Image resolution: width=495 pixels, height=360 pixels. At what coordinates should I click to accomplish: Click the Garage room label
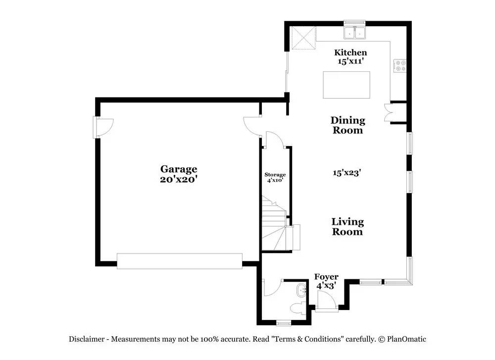[178, 169]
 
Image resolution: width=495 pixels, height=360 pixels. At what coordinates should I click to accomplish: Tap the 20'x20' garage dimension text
[178, 180]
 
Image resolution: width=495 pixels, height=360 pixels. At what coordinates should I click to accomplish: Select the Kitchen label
[350, 52]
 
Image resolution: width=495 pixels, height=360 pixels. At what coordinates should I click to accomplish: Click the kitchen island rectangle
[346, 85]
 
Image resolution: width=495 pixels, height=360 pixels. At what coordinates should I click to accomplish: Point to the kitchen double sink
[354, 33]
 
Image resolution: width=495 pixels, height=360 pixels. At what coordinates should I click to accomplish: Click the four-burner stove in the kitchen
[400, 66]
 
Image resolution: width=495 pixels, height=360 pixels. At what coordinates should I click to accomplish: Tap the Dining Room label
[347, 125]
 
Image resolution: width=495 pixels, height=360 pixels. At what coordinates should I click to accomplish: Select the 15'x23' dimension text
[346, 173]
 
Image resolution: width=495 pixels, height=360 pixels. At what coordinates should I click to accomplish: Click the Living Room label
[347, 227]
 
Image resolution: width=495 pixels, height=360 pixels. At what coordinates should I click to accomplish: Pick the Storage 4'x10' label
[275, 177]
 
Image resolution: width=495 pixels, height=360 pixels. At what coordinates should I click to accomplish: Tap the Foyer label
[327, 277]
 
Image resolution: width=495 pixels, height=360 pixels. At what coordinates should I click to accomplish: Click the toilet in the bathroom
[299, 308]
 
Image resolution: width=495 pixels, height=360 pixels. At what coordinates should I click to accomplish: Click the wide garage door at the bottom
[179, 261]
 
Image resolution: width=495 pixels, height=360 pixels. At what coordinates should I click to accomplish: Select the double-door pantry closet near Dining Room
[389, 112]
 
